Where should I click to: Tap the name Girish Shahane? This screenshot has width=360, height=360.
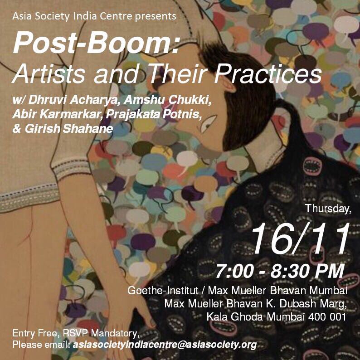[x=63, y=128]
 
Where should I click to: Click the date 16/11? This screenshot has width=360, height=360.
[x=300, y=239]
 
